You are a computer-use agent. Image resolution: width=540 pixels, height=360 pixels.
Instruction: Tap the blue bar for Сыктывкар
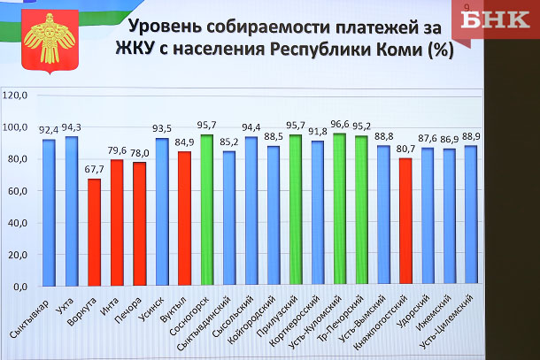[x=49, y=212]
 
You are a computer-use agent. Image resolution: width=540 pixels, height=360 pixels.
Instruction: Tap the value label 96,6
[x=339, y=125]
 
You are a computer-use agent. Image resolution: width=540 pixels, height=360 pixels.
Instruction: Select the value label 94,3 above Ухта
[x=70, y=128]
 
